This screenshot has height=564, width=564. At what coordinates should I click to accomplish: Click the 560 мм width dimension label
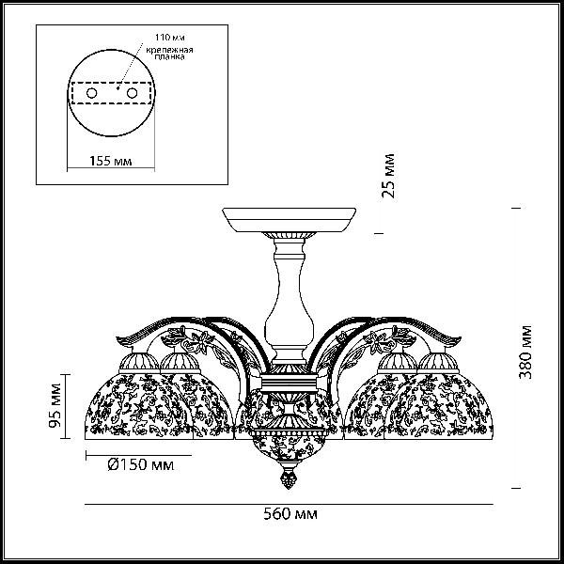click(290, 514)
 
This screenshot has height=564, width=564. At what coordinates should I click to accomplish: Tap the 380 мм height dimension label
click(525, 352)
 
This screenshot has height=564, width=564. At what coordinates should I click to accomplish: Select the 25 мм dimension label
click(388, 176)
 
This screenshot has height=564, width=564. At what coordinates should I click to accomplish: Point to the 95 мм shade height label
click(55, 405)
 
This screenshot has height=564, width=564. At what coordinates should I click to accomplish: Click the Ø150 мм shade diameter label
click(141, 465)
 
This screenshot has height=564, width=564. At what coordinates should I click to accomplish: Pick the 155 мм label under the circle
click(110, 161)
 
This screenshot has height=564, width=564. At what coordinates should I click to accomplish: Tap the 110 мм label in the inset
click(170, 37)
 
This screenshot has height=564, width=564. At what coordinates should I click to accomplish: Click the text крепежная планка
click(169, 53)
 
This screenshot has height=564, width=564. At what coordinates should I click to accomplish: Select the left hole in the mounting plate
click(92, 93)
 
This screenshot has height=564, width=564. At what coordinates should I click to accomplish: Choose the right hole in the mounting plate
click(132, 93)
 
